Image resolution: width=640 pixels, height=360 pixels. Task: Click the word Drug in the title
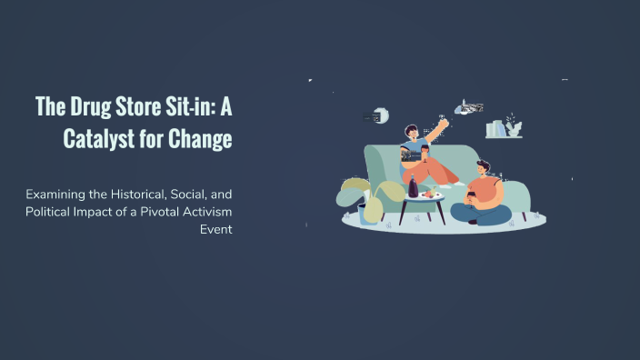coord(91,106)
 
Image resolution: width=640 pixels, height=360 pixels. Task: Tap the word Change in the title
coord(200,139)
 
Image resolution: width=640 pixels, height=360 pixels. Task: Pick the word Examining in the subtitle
coord(56,195)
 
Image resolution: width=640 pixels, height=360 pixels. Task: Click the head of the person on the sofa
coord(411,133)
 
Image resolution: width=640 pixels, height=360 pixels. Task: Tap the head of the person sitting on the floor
coord(483,167)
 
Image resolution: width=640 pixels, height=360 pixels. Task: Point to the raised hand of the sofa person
coord(445,123)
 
